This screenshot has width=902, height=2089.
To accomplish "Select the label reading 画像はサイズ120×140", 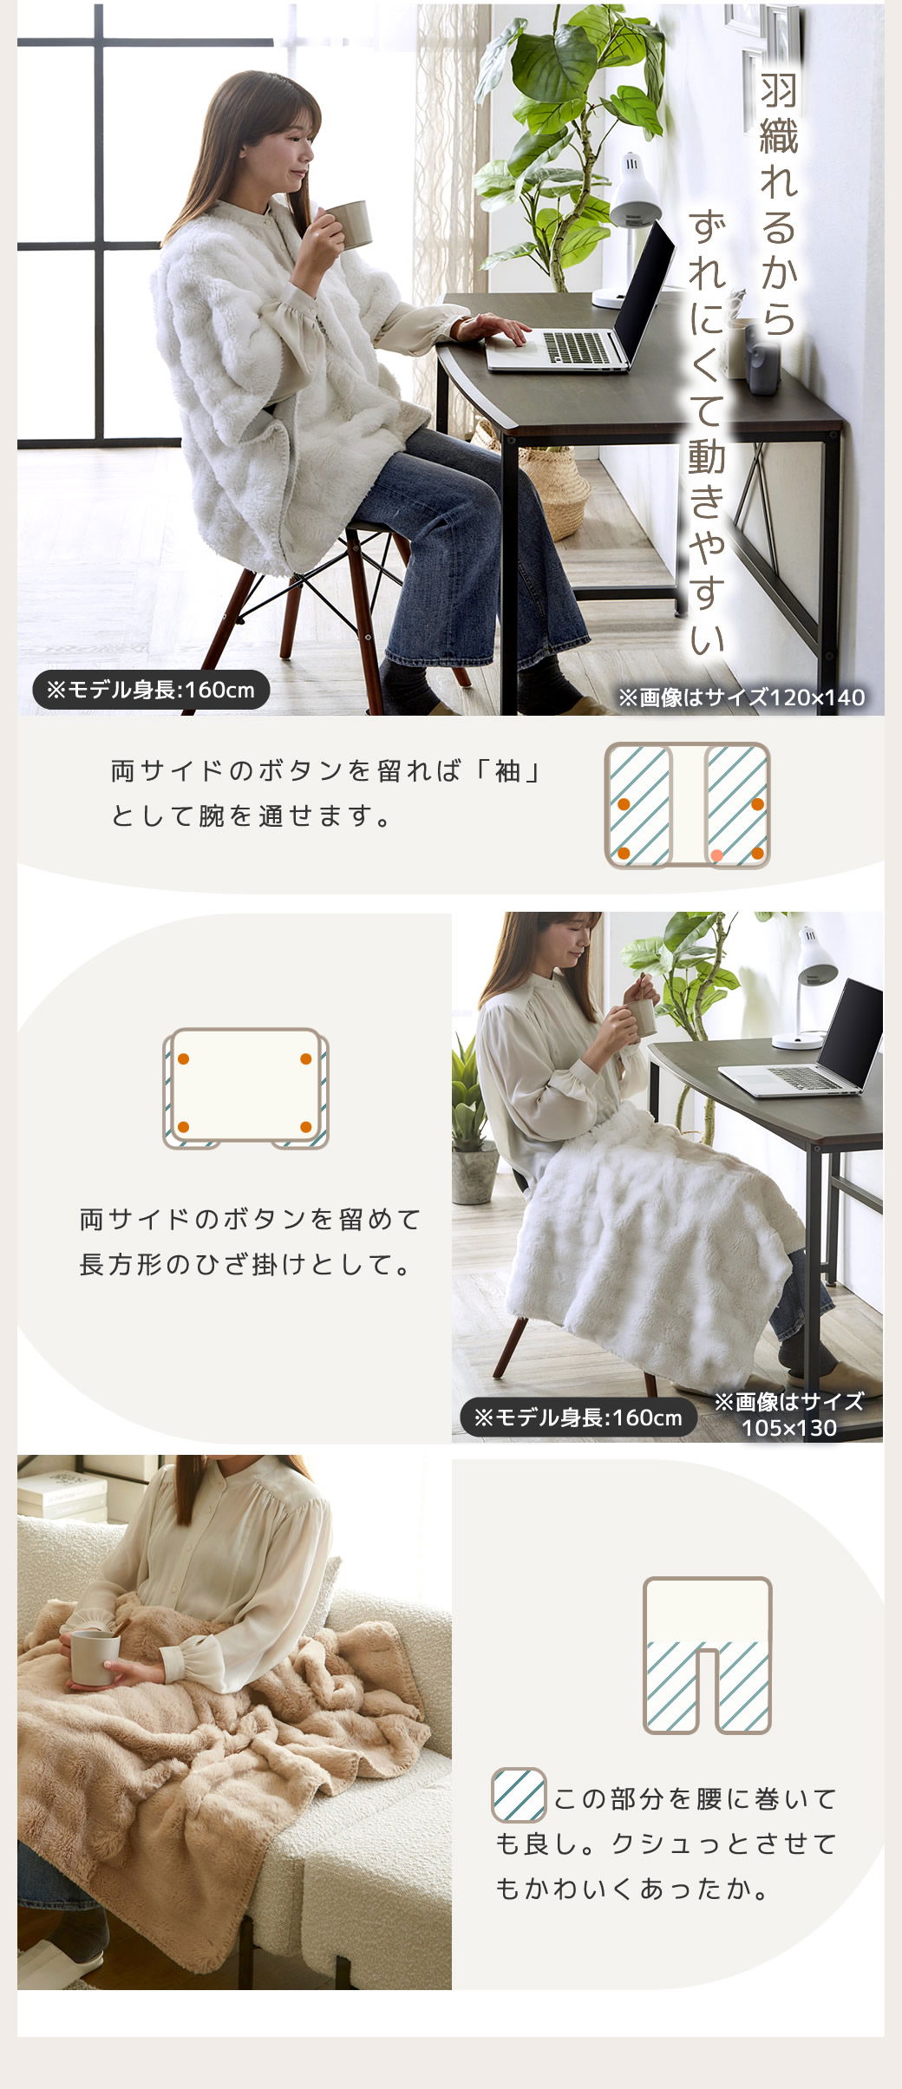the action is (742, 697).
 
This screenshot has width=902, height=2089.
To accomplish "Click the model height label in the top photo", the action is (151, 691).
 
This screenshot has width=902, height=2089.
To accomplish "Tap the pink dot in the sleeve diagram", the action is (716, 855).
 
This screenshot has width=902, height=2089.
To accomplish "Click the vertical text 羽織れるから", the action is (778, 205).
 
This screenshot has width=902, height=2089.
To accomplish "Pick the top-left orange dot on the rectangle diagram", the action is (183, 1058).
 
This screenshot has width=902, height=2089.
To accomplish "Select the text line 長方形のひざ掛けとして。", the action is (246, 1265).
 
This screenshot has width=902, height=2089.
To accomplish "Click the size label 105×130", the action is (789, 1428).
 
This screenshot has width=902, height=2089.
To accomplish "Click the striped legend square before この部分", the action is (519, 1795).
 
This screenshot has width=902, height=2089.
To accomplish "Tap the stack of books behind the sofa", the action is (61, 1491).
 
